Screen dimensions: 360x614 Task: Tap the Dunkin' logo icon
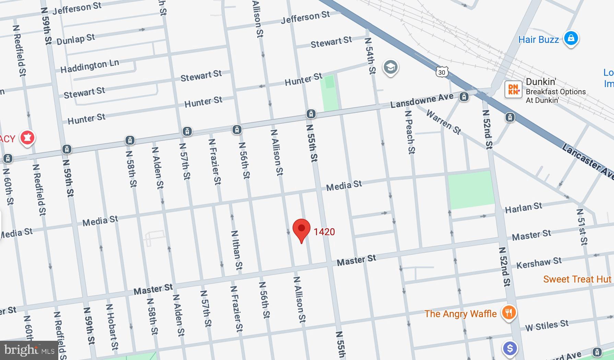tap(513, 89)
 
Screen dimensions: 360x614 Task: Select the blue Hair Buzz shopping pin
tap(571, 38)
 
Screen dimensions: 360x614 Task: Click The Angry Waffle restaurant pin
tap(509, 313)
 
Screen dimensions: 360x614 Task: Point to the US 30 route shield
tap(441, 72)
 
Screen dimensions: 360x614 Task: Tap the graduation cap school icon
tap(390, 67)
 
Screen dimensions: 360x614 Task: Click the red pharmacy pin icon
tap(27, 138)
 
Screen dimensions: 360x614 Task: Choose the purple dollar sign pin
tap(510, 349)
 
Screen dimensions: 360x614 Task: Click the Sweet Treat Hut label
tap(577, 279)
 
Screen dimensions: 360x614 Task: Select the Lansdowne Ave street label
tap(422, 100)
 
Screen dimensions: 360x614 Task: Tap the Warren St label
tap(444, 122)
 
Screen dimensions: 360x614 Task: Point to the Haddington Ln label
tap(90, 66)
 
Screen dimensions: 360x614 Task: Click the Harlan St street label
tap(523, 207)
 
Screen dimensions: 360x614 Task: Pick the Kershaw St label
tap(539, 263)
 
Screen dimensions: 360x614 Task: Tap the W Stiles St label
tap(546, 325)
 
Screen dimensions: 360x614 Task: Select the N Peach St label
tap(410, 132)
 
